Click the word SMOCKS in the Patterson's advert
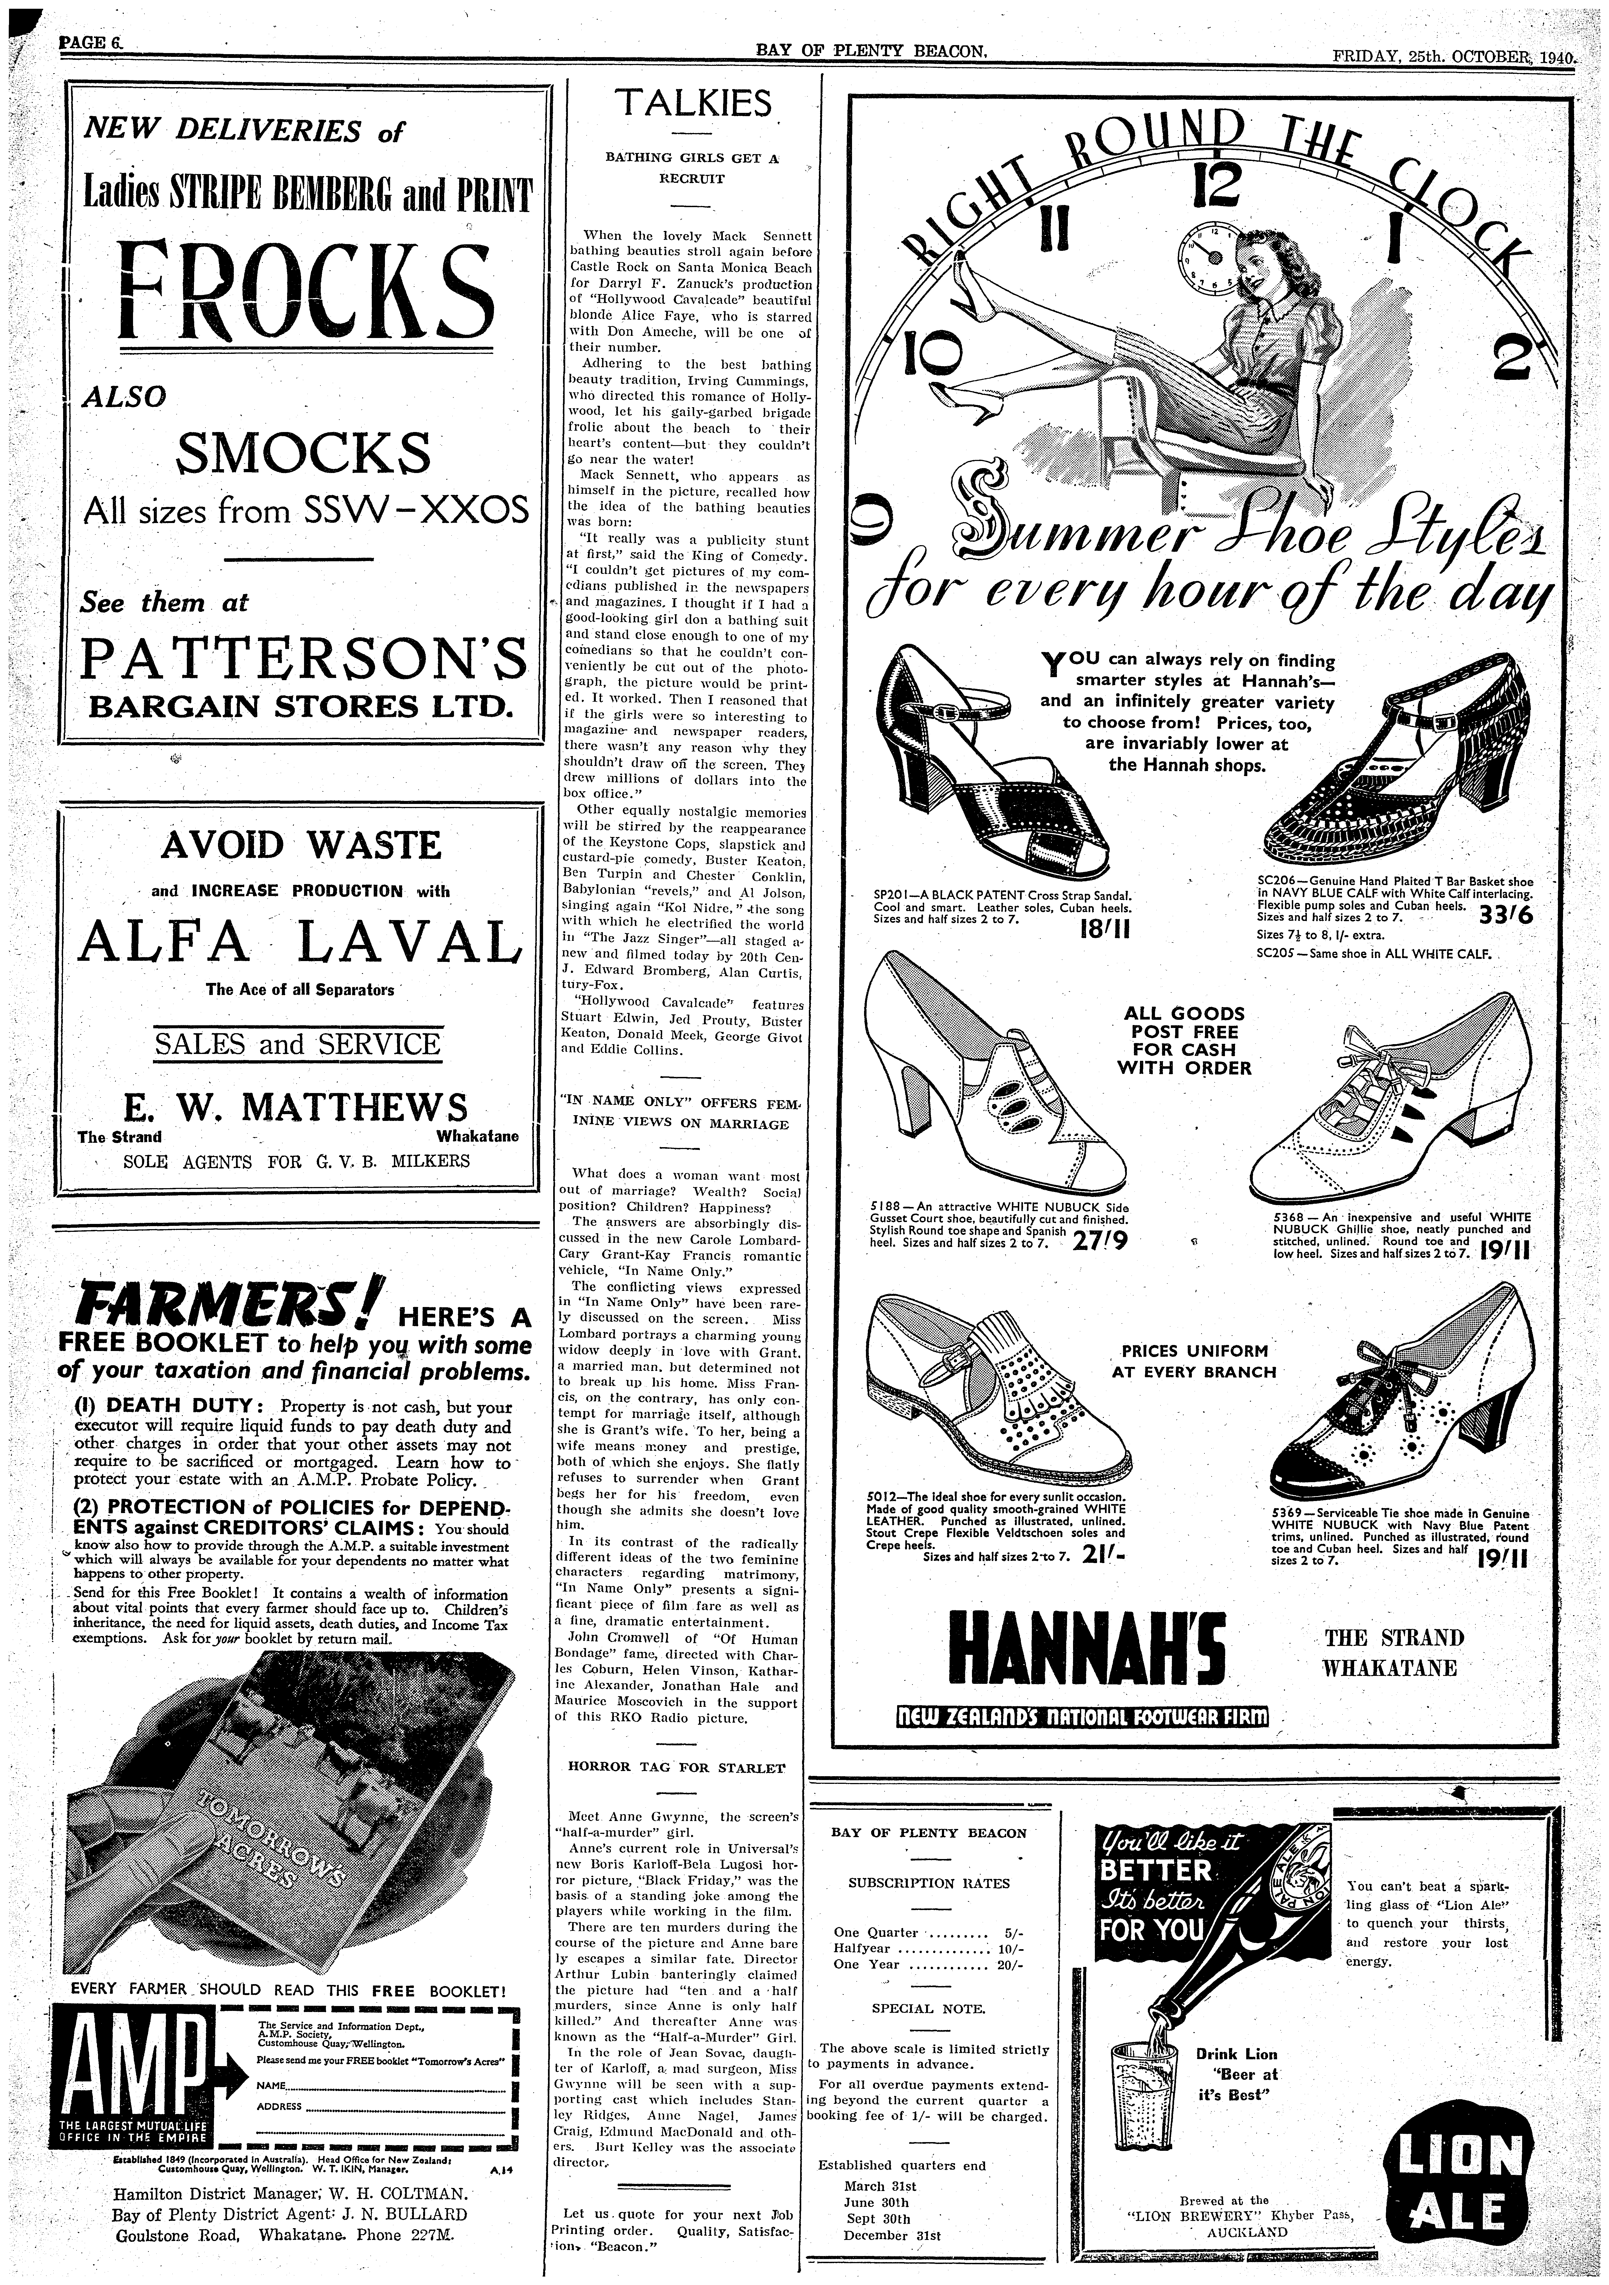point(303,453)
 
